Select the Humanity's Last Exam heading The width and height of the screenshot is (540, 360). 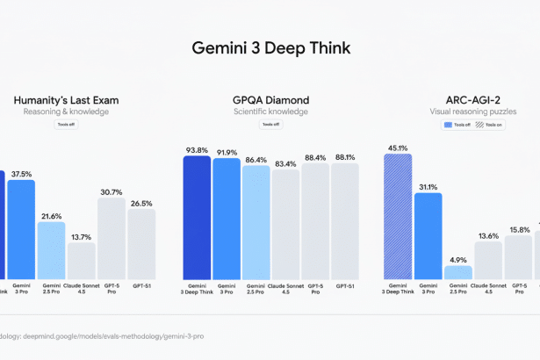[66, 100]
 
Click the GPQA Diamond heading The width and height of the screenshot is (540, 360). [270, 100]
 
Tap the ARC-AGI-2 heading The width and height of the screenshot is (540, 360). [472, 100]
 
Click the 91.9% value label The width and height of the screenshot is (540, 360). [226, 152]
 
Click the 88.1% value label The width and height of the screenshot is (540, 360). [345, 157]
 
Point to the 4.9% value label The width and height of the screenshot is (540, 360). [457, 260]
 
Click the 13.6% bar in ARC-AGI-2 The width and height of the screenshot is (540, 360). [487, 260]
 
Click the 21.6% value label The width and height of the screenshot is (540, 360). [51, 216]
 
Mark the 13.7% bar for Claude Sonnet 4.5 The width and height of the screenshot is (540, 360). [81, 260]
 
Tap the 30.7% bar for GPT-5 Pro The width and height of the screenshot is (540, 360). [111, 238]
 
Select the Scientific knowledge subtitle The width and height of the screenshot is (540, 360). [270, 112]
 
